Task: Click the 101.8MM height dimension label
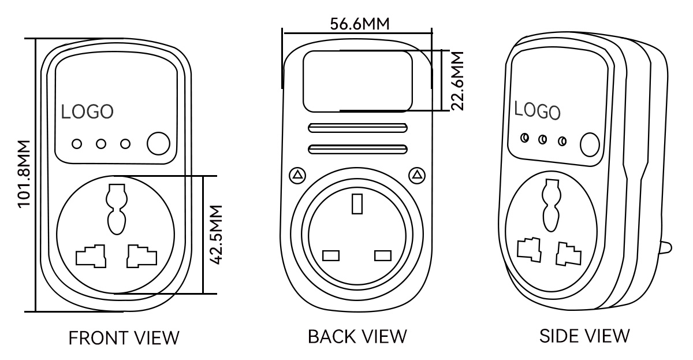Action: click(24, 174)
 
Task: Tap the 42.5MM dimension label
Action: click(216, 235)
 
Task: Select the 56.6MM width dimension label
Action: click(359, 24)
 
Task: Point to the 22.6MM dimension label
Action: click(457, 81)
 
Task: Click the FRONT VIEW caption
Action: click(124, 337)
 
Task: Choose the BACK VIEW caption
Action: click(357, 336)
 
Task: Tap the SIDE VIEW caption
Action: click(584, 336)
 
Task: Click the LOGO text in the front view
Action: click(87, 112)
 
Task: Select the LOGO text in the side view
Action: click(537, 110)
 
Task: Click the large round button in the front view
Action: click(158, 143)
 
